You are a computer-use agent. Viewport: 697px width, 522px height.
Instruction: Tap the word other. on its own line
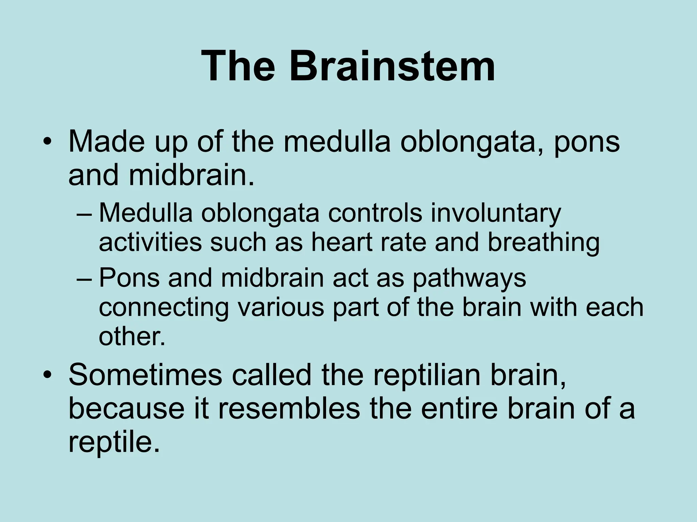click(x=132, y=336)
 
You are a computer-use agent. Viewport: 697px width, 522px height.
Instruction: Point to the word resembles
click(x=289, y=408)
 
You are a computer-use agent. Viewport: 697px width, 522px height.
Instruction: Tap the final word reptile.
click(x=114, y=443)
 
